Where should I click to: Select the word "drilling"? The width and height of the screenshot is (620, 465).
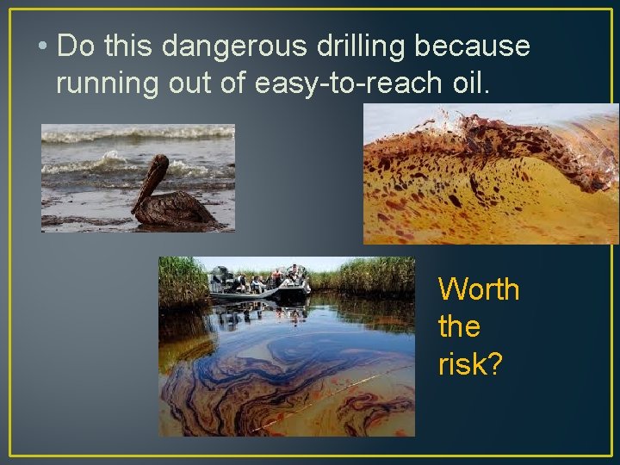[346, 46]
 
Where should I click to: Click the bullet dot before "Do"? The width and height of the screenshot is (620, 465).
[43, 47]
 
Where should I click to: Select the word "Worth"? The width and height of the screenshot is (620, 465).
[479, 290]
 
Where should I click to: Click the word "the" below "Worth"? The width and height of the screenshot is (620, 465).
[459, 327]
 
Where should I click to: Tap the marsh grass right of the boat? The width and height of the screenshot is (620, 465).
[370, 276]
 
